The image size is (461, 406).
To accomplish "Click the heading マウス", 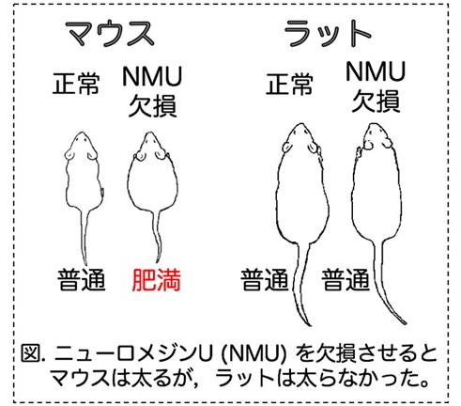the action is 110,34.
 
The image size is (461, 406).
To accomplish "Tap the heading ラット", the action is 328,34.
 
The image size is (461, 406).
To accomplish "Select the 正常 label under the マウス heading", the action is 76,84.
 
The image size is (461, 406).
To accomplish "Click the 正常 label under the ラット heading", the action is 289,84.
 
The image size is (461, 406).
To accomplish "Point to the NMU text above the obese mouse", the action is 152,76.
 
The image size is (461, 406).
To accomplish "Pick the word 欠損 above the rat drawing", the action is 376,101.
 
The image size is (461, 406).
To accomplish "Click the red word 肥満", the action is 157,280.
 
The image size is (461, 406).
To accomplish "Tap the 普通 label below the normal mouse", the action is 82,280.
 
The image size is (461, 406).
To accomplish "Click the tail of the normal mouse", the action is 84,237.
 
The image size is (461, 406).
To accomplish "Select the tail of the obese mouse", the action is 157,237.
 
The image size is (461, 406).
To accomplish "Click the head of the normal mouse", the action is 82,146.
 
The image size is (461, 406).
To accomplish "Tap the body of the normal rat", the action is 302,195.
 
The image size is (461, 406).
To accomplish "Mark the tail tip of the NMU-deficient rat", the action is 406,323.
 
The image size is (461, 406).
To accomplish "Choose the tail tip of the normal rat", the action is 310,325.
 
